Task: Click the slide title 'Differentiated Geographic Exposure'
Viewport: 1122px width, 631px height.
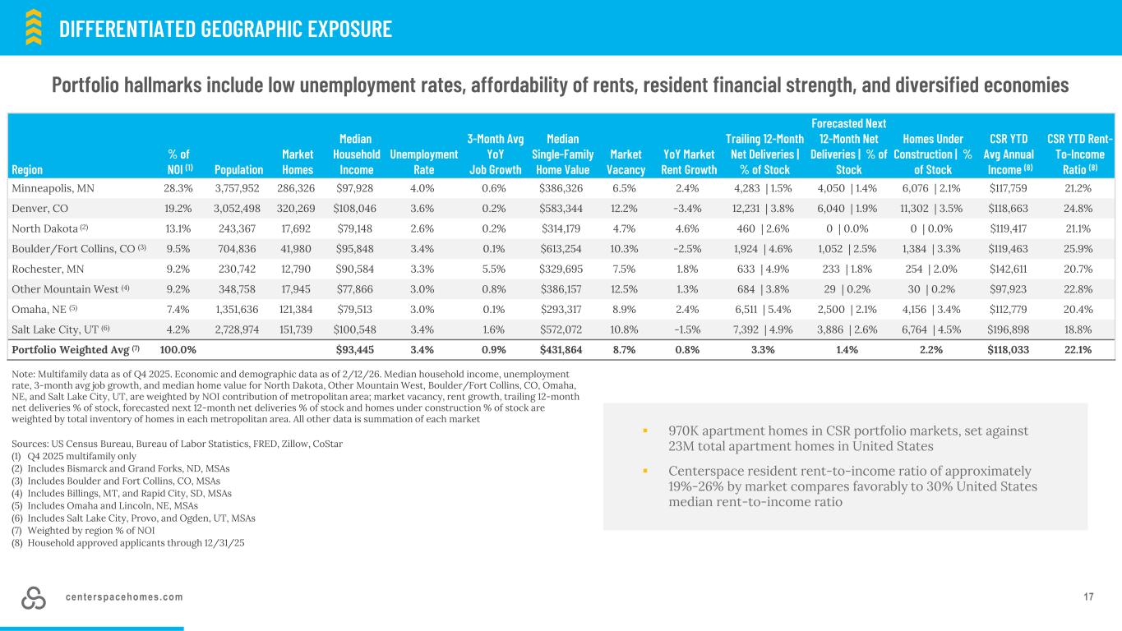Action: (x=225, y=29)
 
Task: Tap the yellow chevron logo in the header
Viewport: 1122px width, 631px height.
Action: (x=33, y=26)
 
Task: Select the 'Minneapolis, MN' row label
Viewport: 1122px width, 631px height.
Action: (x=53, y=187)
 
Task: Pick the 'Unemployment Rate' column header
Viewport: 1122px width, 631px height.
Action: (x=423, y=162)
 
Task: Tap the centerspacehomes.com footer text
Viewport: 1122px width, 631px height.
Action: (x=124, y=597)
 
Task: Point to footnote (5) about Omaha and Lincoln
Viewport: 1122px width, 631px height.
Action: (x=110, y=506)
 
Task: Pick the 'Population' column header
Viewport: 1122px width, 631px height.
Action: (x=239, y=169)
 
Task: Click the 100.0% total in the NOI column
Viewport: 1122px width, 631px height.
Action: (x=178, y=348)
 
